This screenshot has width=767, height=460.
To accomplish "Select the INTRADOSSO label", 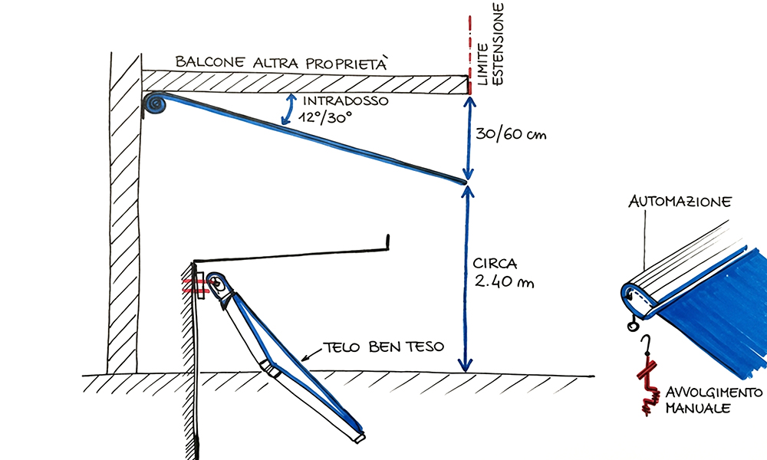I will click(343, 101).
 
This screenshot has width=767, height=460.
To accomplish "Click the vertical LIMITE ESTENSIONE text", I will click(492, 46).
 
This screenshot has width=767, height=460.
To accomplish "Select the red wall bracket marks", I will click(197, 287).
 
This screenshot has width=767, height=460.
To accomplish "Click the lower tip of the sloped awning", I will click(463, 182).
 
